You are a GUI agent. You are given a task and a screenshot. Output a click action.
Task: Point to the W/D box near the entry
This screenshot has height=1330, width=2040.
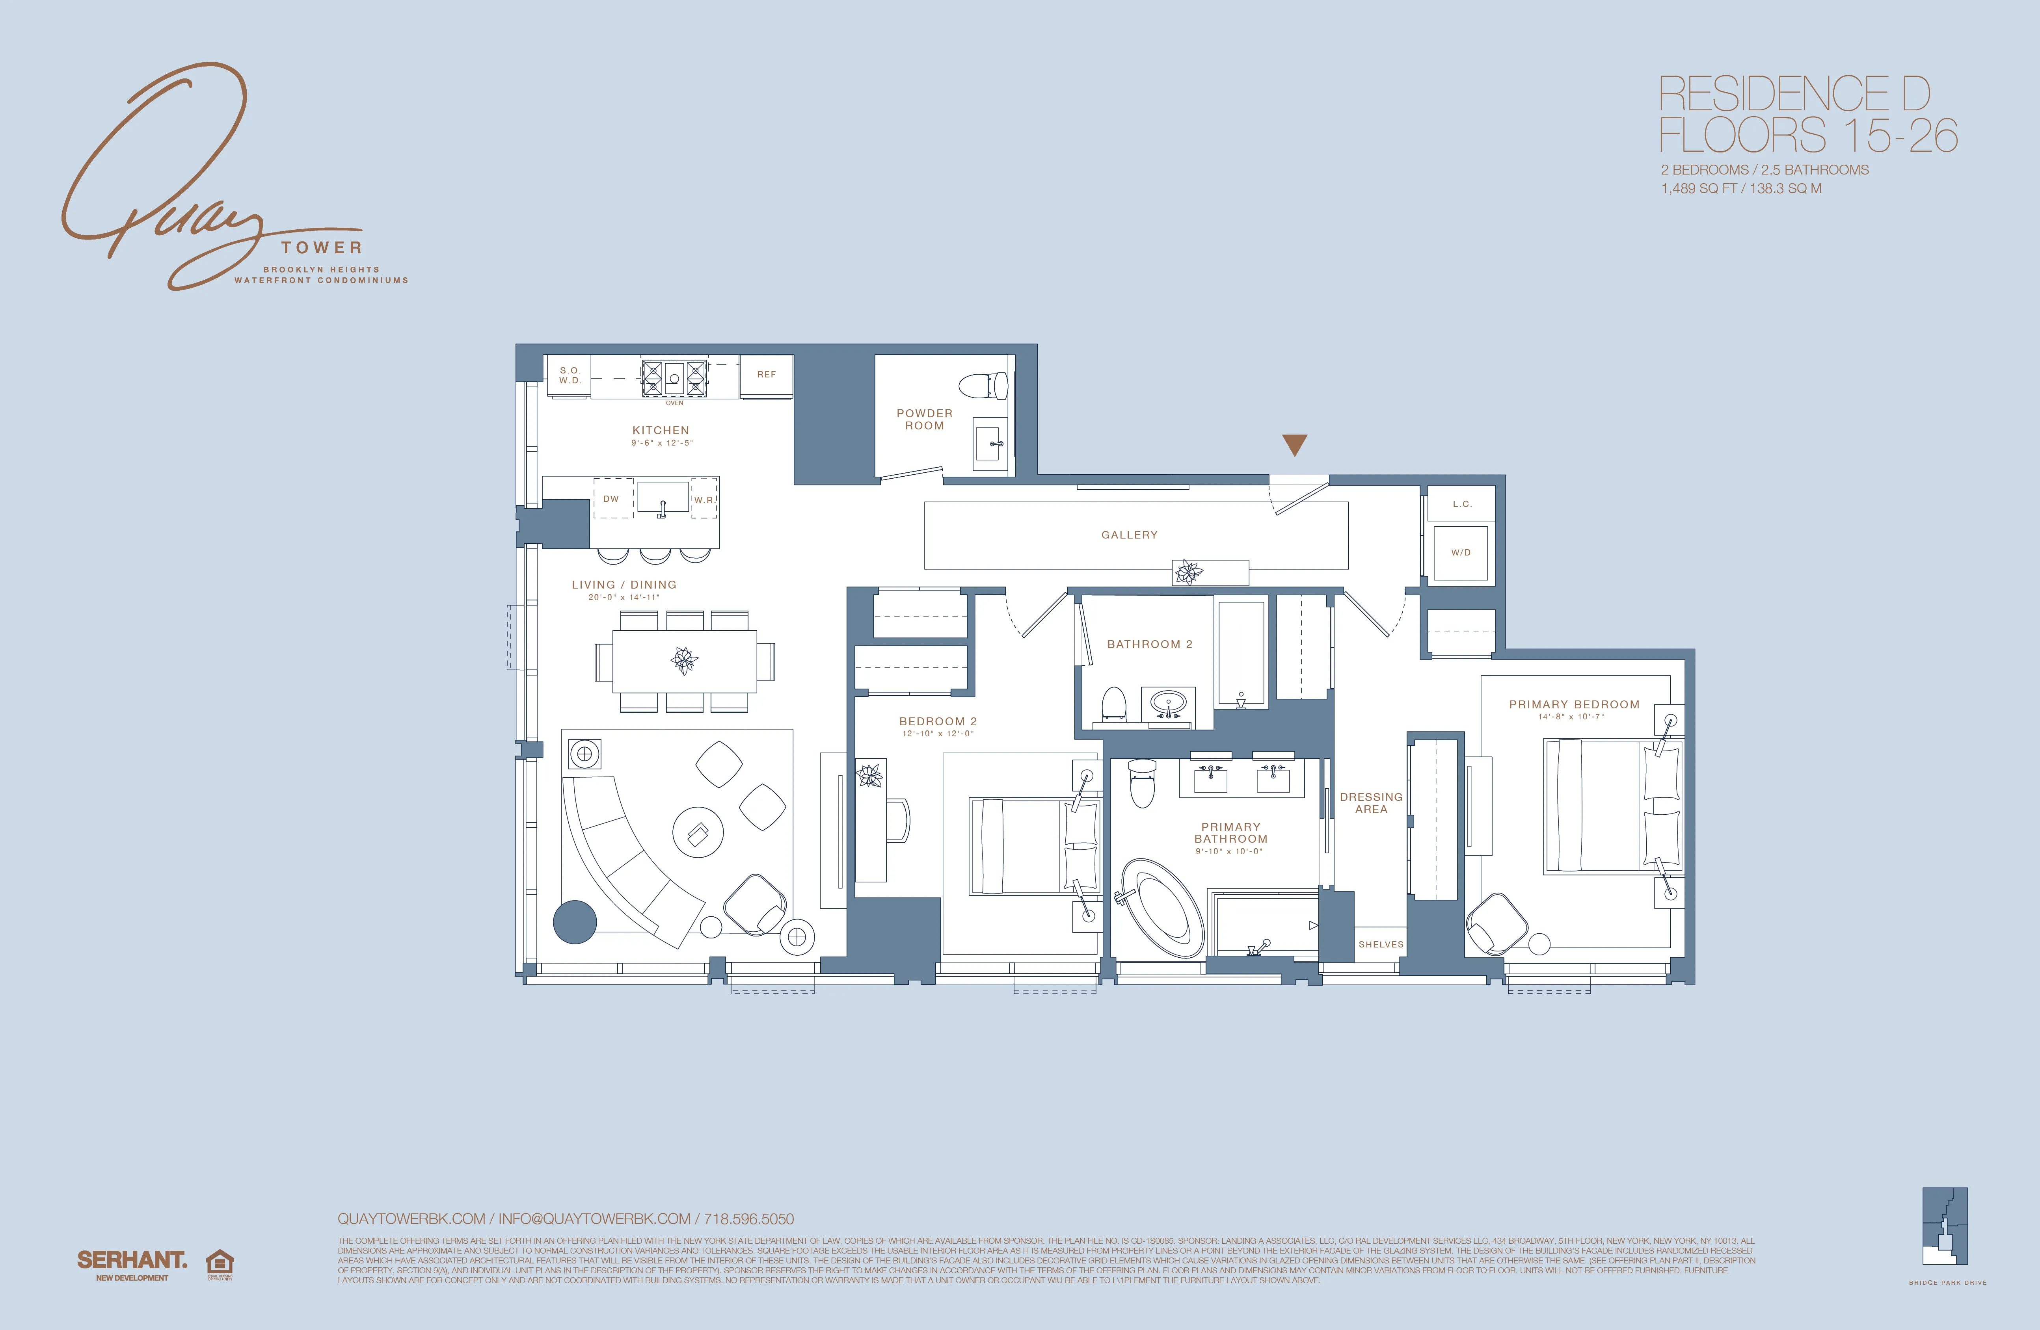[x=1461, y=553]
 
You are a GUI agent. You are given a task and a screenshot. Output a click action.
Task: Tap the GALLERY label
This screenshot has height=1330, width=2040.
[x=1129, y=535]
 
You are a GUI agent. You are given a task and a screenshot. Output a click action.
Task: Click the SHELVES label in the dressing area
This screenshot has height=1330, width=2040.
[x=1381, y=944]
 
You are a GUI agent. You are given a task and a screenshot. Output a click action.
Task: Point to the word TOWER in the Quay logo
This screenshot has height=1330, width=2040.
[x=322, y=248]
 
